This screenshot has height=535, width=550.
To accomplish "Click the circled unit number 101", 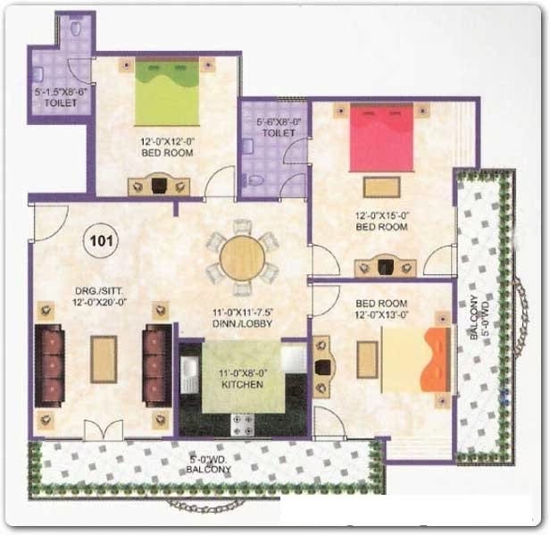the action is tap(101, 241).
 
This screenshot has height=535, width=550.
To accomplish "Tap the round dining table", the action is tap(242, 258).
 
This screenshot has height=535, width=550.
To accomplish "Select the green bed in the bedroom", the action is tap(167, 91).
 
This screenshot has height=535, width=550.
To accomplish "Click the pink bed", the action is tap(381, 138).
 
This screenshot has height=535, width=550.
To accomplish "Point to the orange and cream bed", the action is tap(416, 360).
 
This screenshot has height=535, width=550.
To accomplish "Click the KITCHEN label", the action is tap(242, 384).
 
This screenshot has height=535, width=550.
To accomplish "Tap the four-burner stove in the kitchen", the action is tap(243, 424).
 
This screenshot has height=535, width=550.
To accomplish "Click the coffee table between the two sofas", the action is tap(104, 359).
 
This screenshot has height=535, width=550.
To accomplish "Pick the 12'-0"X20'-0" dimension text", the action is tap(99, 302).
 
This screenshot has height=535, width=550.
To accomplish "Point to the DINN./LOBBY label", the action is tap(242, 323).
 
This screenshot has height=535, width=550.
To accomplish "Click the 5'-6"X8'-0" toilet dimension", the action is tap(279, 122).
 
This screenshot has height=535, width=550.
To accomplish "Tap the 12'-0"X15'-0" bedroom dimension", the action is tap(381, 216).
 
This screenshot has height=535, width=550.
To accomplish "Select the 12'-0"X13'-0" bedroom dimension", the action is tap(381, 314).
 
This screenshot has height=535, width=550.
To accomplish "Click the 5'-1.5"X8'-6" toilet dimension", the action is tap(61, 92).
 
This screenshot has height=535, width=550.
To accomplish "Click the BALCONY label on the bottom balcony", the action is tap(208, 470).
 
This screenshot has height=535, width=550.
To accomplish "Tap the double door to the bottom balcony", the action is tap(104, 430).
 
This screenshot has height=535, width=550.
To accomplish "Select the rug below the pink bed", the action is tap(381, 188).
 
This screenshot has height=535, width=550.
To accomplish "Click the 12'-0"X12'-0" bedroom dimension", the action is tap(167, 142).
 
